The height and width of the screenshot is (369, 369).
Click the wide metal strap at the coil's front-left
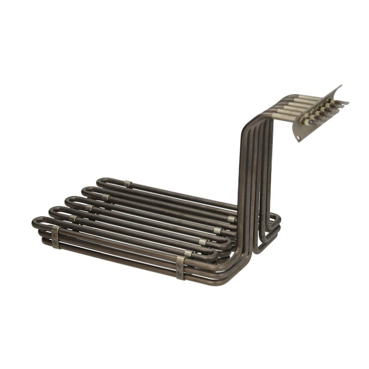[x=55, y=237]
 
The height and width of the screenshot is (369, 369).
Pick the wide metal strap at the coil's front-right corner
[x=180, y=267]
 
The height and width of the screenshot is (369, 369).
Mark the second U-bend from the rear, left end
[x=84, y=191]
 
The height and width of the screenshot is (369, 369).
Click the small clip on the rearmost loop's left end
[x=127, y=184]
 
